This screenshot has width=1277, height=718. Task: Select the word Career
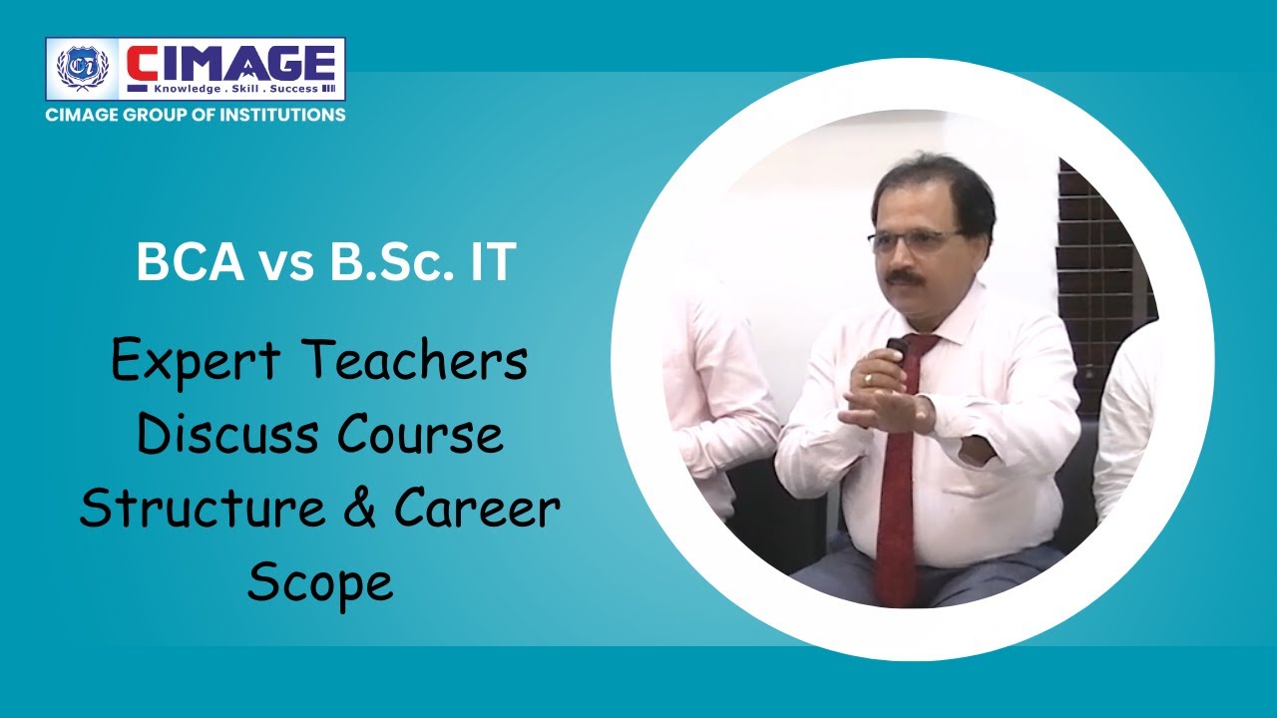477,509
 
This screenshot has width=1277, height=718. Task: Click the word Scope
320,582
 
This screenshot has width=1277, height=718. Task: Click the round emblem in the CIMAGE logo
82,69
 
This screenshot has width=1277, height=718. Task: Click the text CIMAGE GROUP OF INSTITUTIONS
196,115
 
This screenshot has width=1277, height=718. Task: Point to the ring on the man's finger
867,378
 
